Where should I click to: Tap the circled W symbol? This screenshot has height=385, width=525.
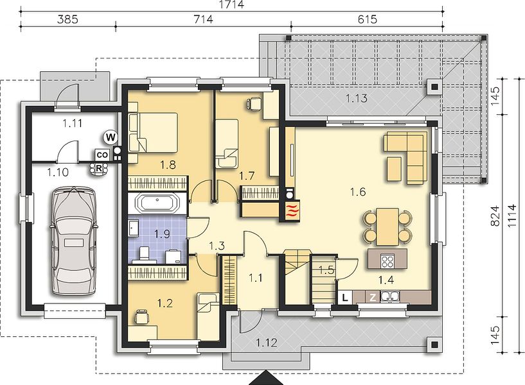point(111,137)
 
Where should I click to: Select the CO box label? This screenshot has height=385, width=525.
point(102,155)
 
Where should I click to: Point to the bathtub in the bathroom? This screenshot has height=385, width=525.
point(157,203)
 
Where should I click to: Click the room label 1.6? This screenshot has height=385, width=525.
point(357,192)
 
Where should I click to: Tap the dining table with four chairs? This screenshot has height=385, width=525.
point(387,227)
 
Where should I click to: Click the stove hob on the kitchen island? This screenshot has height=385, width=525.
point(387,261)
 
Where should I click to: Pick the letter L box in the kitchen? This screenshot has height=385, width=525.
point(345,297)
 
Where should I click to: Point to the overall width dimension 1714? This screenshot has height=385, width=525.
point(231,4)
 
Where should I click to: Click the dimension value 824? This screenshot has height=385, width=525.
point(495,216)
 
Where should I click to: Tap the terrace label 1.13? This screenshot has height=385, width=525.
point(356,98)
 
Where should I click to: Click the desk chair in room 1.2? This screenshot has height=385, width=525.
point(141,316)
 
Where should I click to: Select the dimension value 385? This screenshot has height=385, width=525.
point(67,19)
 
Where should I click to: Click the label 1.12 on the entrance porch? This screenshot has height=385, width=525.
point(267,343)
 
